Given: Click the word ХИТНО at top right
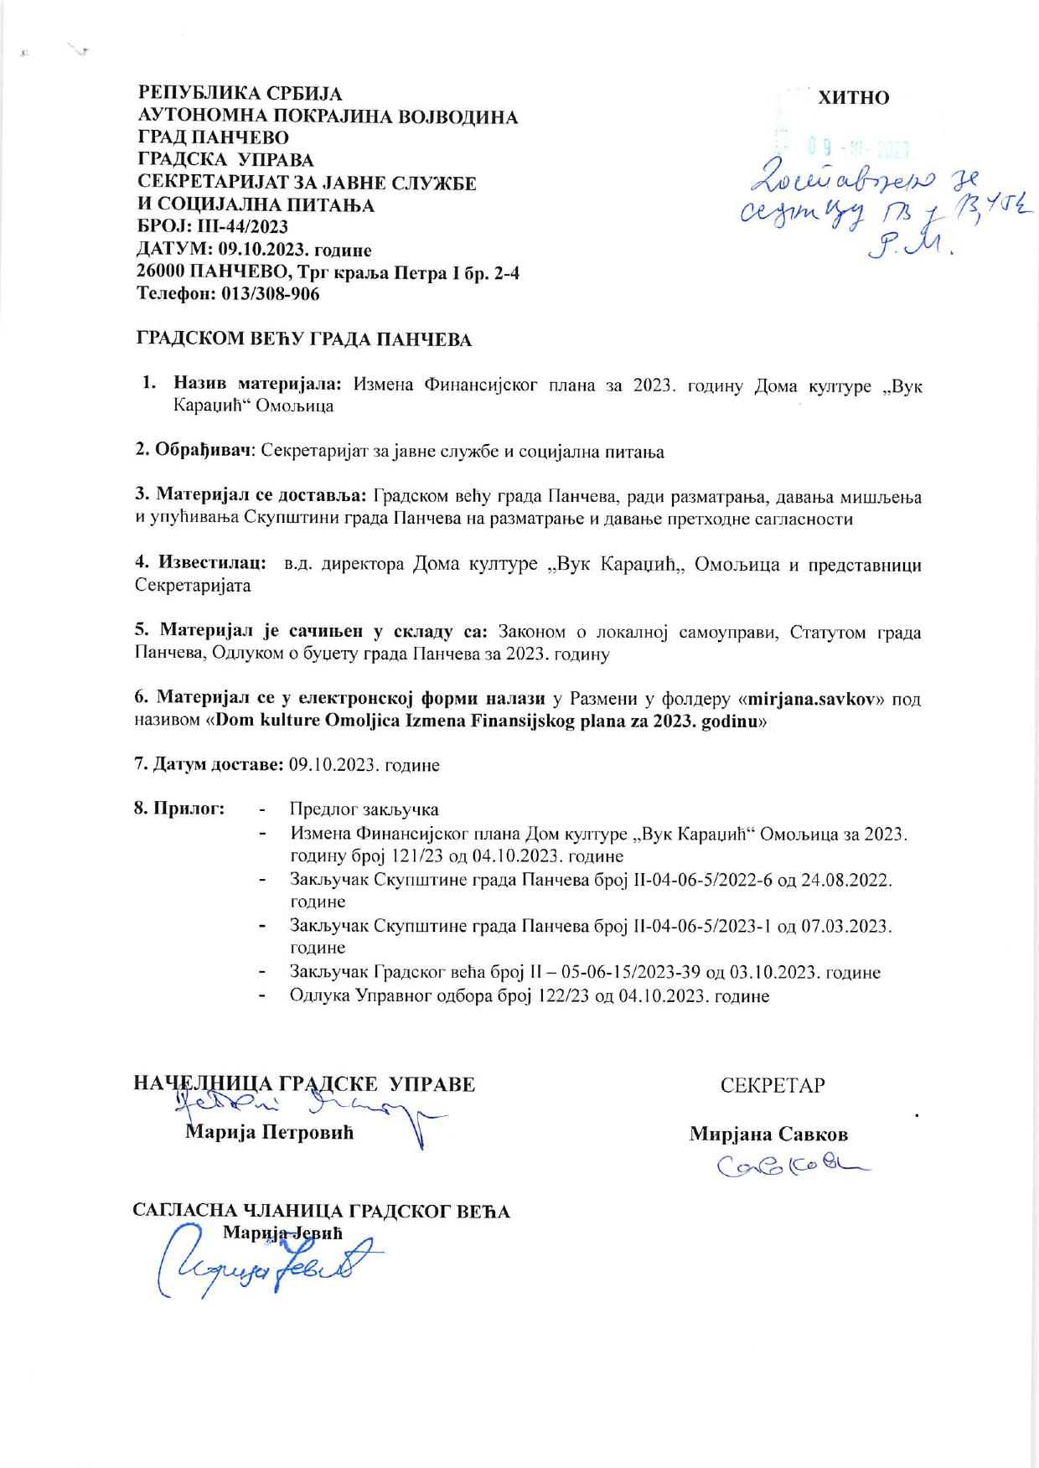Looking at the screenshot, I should [x=853, y=98].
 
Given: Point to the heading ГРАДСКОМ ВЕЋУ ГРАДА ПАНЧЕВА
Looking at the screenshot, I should [x=304, y=340].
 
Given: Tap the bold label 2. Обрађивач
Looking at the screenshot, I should [x=194, y=452].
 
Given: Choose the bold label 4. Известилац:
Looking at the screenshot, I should [x=202, y=564].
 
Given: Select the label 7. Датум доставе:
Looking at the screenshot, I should [x=209, y=765].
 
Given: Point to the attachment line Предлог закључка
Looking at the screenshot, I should [x=364, y=809].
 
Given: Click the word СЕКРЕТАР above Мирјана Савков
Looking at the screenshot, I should [x=773, y=1085].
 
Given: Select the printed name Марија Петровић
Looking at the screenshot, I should [x=269, y=1134].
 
